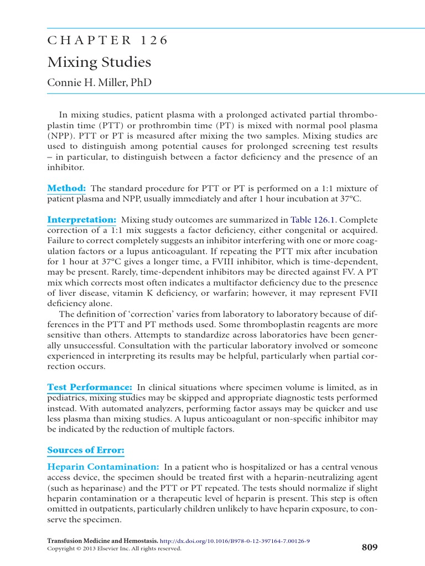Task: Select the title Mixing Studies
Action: pyautogui.click(x=99, y=62)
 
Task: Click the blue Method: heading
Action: pyautogui.click(x=66, y=188)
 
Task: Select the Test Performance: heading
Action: pyautogui.click(x=90, y=387)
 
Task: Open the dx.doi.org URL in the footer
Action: pyautogui.click(x=235, y=541)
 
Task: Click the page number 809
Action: pyautogui.click(x=369, y=548)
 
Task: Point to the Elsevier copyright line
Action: pyautogui.click(x=114, y=549)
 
